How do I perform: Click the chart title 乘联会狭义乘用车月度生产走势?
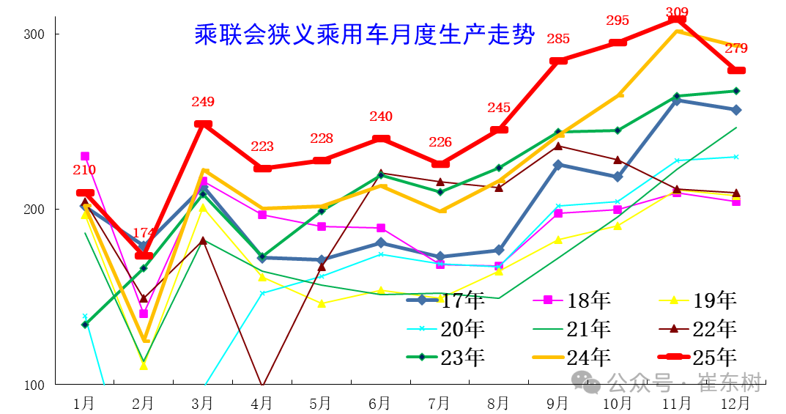click(x=364, y=34)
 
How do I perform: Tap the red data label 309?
click(x=677, y=12)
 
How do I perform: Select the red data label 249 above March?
click(x=202, y=102)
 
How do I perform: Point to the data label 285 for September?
click(x=558, y=39)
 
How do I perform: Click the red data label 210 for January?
click(x=84, y=170)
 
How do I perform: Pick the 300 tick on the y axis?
click(x=34, y=34)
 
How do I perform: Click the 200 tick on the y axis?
click(x=34, y=210)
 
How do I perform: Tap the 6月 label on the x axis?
click(x=379, y=404)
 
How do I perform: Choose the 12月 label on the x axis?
click(x=735, y=404)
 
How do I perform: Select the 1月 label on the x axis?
click(x=84, y=404)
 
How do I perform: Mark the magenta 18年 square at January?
click(x=85, y=156)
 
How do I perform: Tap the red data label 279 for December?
click(x=735, y=48)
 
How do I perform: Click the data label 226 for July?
click(x=440, y=142)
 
